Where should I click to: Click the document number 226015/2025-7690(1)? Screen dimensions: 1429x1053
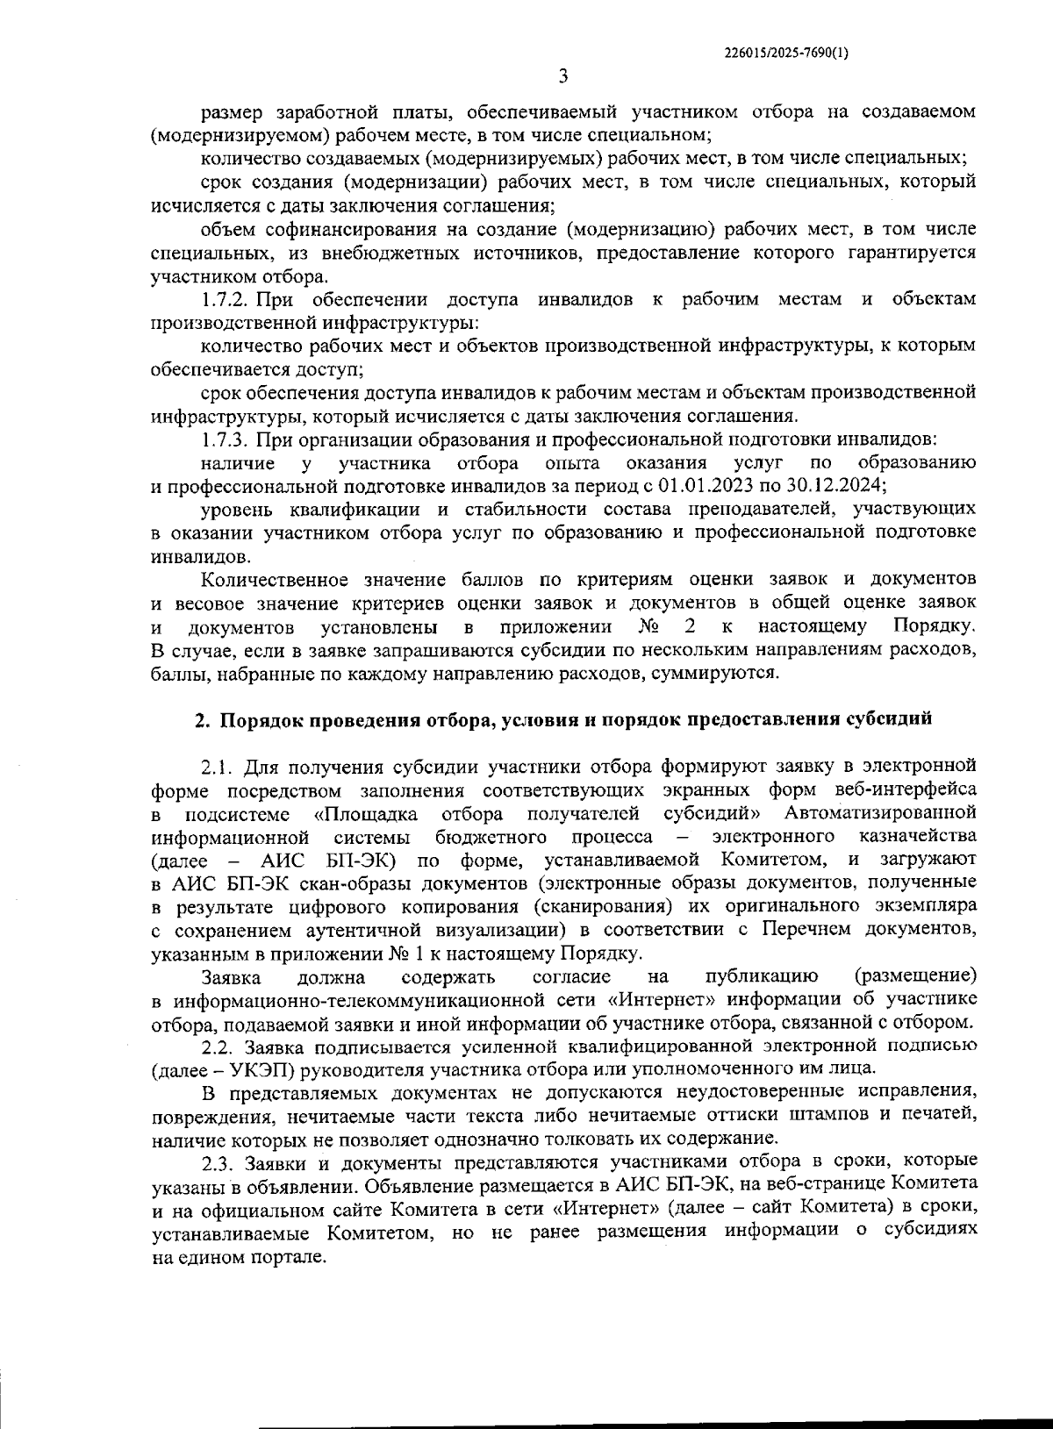[786, 53]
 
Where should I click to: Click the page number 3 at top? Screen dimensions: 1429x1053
[562, 76]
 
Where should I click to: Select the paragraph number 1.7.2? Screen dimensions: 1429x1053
[226, 300]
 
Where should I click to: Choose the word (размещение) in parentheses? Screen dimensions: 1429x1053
[914, 976]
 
